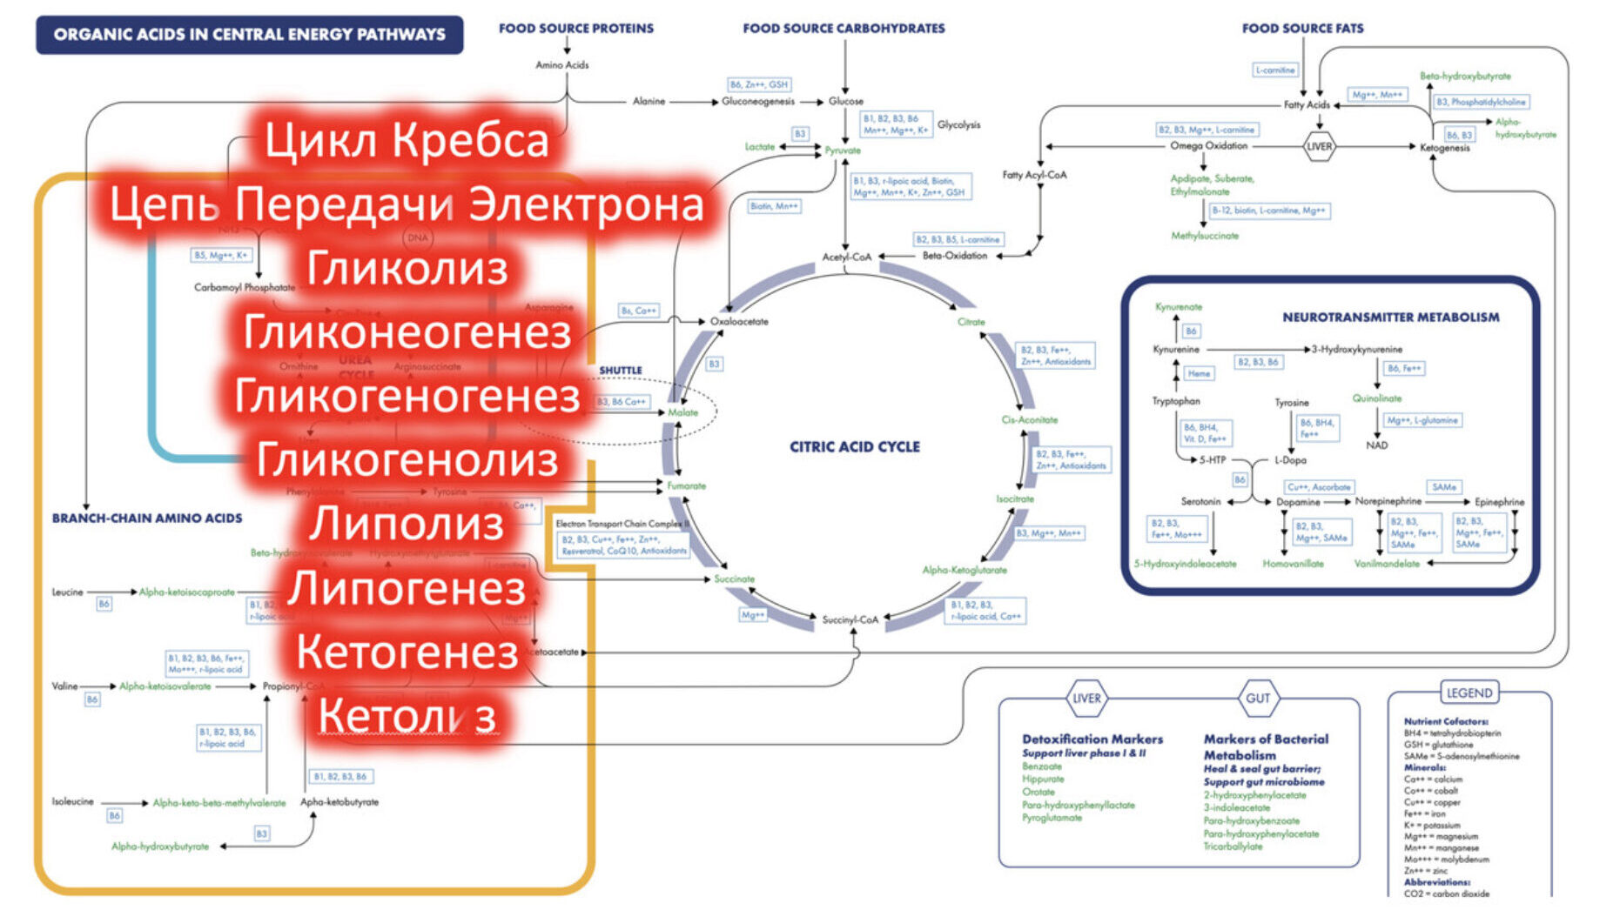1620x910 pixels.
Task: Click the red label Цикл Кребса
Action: click(x=407, y=140)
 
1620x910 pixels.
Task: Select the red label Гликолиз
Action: click(x=407, y=267)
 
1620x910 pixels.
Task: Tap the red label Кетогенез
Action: click(x=407, y=652)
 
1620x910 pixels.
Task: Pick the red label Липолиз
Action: click(x=407, y=524)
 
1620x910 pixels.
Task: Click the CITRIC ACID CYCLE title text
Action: click(x=854, y=446)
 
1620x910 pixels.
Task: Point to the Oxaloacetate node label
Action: click(x=739, y=322)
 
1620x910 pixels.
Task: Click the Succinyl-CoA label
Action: click(x=850, y=619)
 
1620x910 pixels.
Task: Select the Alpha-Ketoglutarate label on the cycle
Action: click(x=965, y=571)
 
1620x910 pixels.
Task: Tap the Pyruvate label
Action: click(x=843, y=151)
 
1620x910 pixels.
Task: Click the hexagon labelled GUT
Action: click(x=1258, y=698)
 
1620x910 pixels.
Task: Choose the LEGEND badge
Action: click(x=1469, y=693)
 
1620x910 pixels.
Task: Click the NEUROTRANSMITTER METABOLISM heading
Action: click(x=1390, y=318)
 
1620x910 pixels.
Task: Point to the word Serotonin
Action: click(x=1200, y=502)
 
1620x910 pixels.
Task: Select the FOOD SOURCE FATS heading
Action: click(x=1302, y=29)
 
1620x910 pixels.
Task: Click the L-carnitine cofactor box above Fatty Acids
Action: click(x=1275, y=70)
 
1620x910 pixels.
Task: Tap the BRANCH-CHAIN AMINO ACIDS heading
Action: click(x=147, y=519)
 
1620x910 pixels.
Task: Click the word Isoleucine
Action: click(x=73, y=802)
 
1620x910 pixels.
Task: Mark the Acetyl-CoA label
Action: click(x=846, y=258)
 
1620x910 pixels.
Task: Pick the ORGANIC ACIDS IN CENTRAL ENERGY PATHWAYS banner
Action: click(x=249, y=35)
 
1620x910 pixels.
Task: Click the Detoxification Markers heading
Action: click(x=1092, y=739)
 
